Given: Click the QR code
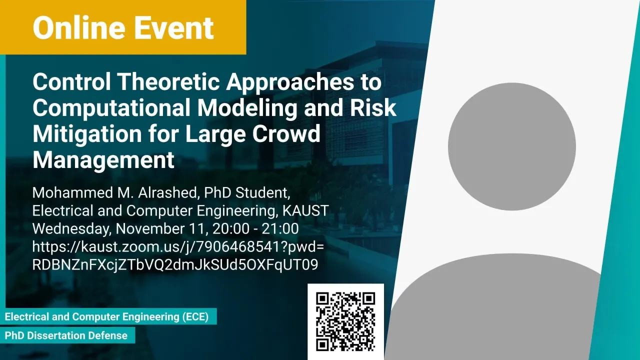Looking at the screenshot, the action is (x=345, y=321).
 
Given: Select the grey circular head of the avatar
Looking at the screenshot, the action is (x=511, y=146).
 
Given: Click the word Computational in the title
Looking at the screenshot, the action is (x=111, y=108).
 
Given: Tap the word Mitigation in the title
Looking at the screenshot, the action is (x=87, y=134).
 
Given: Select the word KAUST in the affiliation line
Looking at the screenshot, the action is (x=305, y=211).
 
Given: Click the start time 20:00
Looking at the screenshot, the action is (x=231, y=229).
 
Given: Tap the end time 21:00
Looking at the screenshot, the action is (x=280, y=229).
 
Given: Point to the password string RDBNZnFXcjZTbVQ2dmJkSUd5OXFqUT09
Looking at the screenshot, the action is (x=175, y=265).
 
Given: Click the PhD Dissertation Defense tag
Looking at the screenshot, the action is (x=66, y=335).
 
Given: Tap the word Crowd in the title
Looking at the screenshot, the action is (x=286, y=134).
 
